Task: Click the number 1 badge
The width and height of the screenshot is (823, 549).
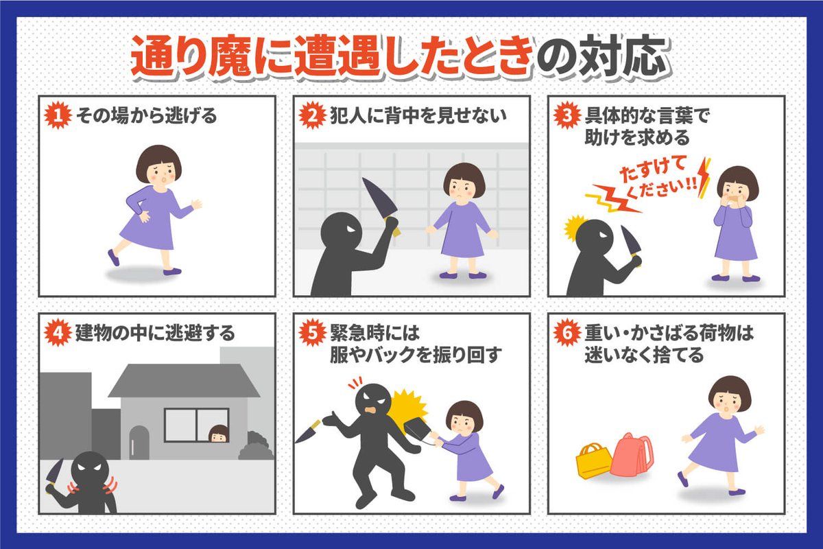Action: (58, 115)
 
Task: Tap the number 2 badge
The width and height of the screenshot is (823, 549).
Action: (312, 115)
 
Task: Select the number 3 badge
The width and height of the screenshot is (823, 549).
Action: (567, 115)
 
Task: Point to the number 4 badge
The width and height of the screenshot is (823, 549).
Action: (58, 333)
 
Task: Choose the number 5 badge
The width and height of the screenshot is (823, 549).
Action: (312, 333)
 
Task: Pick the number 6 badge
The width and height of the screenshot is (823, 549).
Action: (567, 333)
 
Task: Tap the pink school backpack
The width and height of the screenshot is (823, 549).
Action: (632, 455)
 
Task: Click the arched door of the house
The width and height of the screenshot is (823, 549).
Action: (139, 443)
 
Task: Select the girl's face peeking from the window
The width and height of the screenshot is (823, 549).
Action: (219, 434)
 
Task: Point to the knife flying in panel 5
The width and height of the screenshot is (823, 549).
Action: (309, 431)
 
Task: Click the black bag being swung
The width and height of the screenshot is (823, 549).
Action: (418, 432)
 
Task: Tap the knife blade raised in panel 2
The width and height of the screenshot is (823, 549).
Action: (379, 198)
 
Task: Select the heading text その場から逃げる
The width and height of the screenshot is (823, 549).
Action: (146, 115)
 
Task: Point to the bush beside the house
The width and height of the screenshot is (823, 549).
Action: (257, 445)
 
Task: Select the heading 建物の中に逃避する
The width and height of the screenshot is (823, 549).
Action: (155, 333)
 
